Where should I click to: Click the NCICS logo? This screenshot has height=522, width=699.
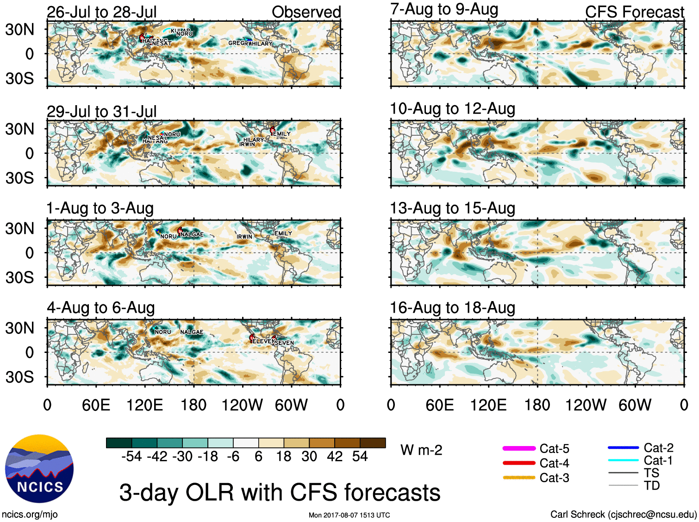[x=39, y=469]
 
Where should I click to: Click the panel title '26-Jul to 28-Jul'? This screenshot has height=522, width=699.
[x=102, y=12]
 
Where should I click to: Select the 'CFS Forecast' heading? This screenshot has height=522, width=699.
[x=634, y=12]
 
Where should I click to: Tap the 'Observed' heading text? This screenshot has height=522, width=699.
[x=306, y=12]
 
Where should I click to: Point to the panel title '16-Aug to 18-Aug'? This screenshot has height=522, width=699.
[x=452, y=308]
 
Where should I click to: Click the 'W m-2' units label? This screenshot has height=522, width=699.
[x=421, y=450]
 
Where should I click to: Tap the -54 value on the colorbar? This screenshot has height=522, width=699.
[x=131, y=457]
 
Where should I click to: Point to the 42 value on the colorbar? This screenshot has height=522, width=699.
[x=335, y=457]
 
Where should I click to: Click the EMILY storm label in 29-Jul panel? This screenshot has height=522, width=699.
[x=282, y=134]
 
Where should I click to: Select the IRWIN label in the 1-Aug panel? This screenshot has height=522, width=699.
[x=244, y=237]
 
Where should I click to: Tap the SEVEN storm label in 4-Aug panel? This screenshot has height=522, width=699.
[x=284, y=343]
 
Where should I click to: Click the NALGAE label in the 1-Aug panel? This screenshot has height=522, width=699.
[x=192, y=234]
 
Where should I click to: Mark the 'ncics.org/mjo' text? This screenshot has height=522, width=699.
[x=30, y=514]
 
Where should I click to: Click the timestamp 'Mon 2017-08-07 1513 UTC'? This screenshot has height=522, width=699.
[x=349, y=515]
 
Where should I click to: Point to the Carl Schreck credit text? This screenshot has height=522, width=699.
[x=623, y=514]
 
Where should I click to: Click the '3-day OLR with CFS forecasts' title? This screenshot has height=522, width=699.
[x=280, y=492]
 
